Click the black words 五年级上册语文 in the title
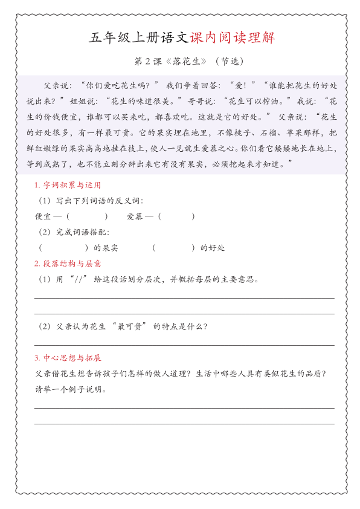point(140,38)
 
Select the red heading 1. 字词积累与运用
point(68,185)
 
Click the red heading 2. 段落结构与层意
point(68,264)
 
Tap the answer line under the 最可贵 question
point(184,345)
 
